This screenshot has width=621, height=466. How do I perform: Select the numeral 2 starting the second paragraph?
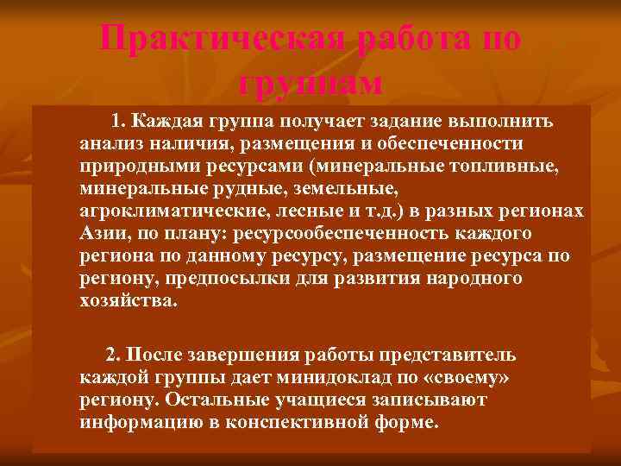(110, 355)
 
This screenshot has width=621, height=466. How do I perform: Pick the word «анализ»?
(108, 142)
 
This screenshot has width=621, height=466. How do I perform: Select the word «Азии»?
(100, 234)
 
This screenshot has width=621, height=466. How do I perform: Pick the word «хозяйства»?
(124, 302)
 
